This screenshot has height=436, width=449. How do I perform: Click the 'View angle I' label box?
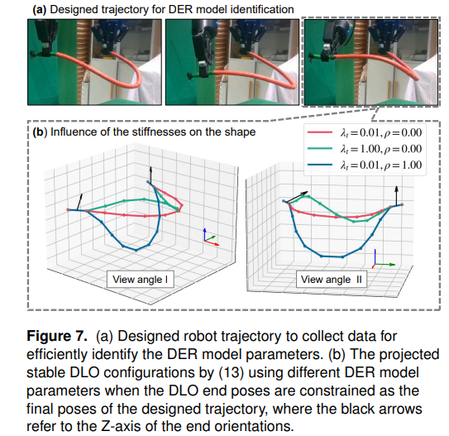[141, 279]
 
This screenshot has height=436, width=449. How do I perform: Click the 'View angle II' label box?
[332, 279]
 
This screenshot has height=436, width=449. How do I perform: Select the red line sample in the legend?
[320, 132]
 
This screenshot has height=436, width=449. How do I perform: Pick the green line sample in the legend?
[320, 148]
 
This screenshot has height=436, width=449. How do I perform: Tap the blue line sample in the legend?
[320, 165]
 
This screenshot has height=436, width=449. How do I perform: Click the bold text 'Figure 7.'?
[57, 336]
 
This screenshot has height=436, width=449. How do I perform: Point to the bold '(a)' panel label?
[40, 9]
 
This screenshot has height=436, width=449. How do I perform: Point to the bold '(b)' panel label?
[40, 132]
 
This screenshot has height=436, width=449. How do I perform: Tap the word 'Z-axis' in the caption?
[121, 427]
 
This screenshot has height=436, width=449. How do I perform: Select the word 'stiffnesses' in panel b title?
[160, 132]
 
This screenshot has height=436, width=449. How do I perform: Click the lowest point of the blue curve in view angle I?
[136, 250]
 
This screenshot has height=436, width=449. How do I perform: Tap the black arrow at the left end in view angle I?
[79, 202]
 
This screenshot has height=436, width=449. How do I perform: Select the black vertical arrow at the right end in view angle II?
[396, 196]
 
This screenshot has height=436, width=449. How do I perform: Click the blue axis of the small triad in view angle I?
[204, 235]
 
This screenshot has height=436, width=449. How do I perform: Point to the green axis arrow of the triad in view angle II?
[385, 265]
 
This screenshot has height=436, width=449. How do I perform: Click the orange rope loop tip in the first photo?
[139, 82]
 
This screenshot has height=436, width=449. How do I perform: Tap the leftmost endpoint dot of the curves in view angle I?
[68, 210]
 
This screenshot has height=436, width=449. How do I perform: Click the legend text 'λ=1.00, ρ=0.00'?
[381, 149]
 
